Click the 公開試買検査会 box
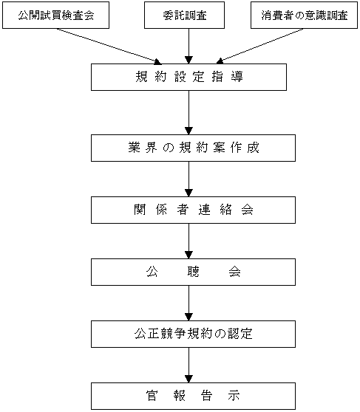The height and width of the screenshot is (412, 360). pyautogui.click(x=55, y=16)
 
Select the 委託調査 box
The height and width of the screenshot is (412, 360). pyautogui.click(x=184, y=16)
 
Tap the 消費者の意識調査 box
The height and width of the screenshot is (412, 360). pyautogui.click(x=305, y=16)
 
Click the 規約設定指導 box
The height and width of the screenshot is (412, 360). pyautogui.click(x=189, y=78)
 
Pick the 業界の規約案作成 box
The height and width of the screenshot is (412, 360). pyautogui.click(x=193, y=148)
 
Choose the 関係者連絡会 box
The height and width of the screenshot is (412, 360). pyautogui.click(x=193, y=210)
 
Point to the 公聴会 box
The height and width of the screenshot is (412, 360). pyautogui.click(x=193, y=272)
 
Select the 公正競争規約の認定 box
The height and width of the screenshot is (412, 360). pyautogui.click(x=193, y=334)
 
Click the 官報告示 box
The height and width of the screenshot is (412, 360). pyautogui.click(x=193, y=396)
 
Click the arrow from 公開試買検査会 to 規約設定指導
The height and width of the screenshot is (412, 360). pyautogui.click(x=109, y=47)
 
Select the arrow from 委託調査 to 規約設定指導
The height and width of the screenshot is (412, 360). pyautogui.click(x=189, y=46)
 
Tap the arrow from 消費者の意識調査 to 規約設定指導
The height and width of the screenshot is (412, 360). pyautogui.click(x=259, y=46)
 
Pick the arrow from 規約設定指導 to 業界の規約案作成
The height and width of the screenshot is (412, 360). pyautogui.click(x=189, y=112)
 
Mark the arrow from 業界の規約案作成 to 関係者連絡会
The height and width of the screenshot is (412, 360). pyautogui.click(x=189, y=179)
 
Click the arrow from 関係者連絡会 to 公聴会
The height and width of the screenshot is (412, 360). pyautogui.click(x=189, y=241)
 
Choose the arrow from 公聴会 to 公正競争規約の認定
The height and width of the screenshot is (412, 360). pyautogui.click(x=189, y=303)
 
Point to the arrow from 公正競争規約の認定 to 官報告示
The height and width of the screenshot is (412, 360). pyautogui.click(x=189, y=365)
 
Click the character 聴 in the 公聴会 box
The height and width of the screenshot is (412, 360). pyautogui.click(x=193, y=272)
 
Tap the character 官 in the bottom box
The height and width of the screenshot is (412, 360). pyautogui.click(x=152, y=396)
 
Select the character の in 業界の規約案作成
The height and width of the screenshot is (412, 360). pyautogui.click(x=169, y=148)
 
